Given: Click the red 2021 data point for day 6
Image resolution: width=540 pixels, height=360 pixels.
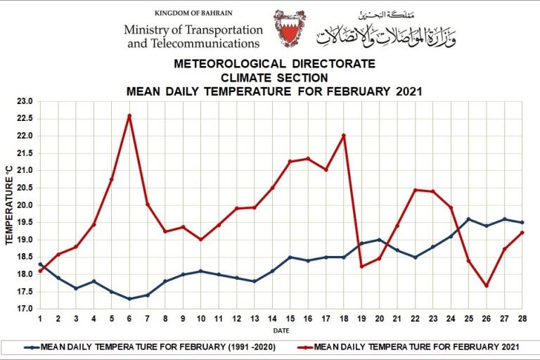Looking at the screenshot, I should point(129,115).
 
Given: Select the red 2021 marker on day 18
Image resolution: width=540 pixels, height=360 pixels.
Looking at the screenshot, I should point(344,136).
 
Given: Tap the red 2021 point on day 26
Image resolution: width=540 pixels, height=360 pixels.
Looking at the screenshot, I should point(487,285).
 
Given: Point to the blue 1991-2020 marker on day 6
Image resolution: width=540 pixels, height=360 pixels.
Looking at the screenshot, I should point(129,299).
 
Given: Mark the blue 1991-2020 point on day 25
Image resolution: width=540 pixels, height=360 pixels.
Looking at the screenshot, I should point(468,219).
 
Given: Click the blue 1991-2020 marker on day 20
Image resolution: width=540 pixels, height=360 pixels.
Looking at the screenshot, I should point(380,240).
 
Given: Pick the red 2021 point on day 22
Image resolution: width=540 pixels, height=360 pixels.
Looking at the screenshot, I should point(415,190).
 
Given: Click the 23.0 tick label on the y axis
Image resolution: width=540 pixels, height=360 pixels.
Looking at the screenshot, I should point(24,101).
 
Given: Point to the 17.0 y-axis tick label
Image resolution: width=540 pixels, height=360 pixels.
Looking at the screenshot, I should point(24,309).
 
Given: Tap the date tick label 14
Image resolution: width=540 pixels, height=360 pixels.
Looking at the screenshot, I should point(272,319).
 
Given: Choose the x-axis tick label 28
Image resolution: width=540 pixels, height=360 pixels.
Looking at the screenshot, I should point(522,319).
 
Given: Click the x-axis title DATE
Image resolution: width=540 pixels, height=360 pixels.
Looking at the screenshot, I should point(281,330).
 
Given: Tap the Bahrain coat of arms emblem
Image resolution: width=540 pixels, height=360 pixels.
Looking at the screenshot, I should point(289,29).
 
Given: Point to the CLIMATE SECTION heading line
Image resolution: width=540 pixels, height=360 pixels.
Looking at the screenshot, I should point(274,77).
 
